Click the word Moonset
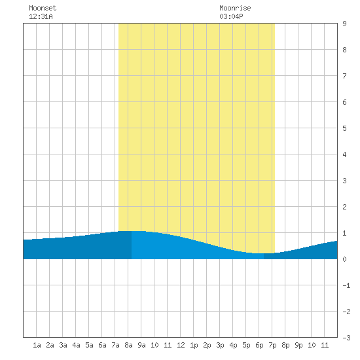tap(43, 8)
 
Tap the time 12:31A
tap(41, 16)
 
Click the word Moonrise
tap(235, 8)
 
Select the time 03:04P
tap(231, 16)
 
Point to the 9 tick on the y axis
tap(344, 24)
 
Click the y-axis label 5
tap(344, 128)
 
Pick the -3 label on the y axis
tap(346, 338)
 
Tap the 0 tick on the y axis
tap(344, 259)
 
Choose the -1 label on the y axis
tap(346, 285)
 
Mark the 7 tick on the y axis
tap(344, 76)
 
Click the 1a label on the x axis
tap(37, 345)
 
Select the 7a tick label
tap(115, 345)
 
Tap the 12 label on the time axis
tap(181, 345)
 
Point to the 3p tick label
tap(220, 345)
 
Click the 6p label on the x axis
tap(259, 345)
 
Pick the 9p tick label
tap(298, 345)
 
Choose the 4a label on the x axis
tap(76, 345)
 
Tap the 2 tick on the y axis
tap(344, 207)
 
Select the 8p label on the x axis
tap(285, 345)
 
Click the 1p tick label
tap(194, 345)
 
